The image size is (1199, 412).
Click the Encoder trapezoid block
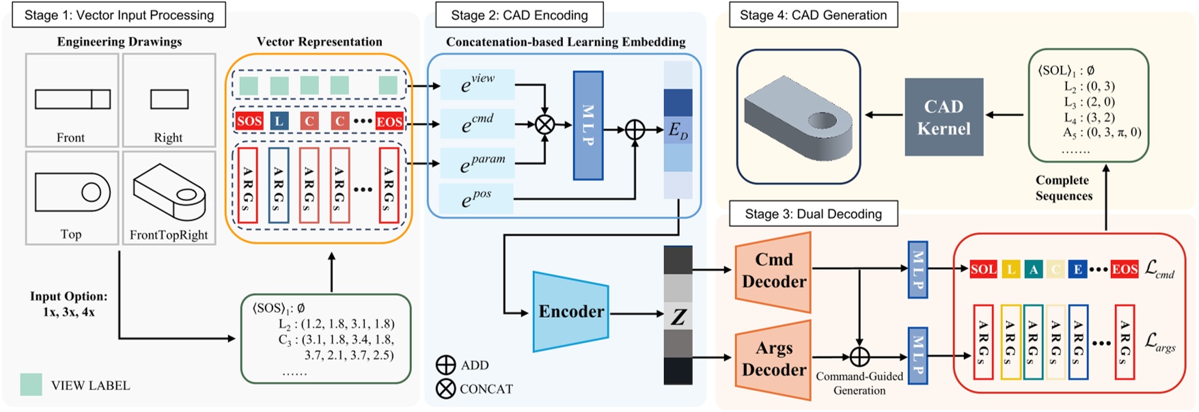tap(570, 312)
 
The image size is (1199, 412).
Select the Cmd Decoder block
tap(773, 271)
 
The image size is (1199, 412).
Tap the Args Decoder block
tap(773, 359)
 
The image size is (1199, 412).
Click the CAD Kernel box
tap(943, 118)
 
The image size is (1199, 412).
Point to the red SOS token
tap(249, 122)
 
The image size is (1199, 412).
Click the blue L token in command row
tap(278, 122)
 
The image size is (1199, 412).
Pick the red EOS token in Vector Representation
tap(389, 122)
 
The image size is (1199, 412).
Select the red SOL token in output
tap(983, 269)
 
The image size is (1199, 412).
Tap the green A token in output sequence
tap(1034, 269)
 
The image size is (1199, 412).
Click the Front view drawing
tap(72, 100)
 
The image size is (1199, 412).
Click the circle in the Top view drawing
tap(92, 192)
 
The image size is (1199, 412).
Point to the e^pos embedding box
tap(476, 199)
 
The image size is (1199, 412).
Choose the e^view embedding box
tap(478, 84)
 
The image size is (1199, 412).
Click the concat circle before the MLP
tap(545, 124)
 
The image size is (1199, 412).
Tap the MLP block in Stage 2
tap(588, 125)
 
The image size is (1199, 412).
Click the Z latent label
tap(678, 316)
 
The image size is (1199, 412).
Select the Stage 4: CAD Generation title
tap(813, 15)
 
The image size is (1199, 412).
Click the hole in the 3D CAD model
tap(818, 121)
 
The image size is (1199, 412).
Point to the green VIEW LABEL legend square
tap(31, 385)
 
